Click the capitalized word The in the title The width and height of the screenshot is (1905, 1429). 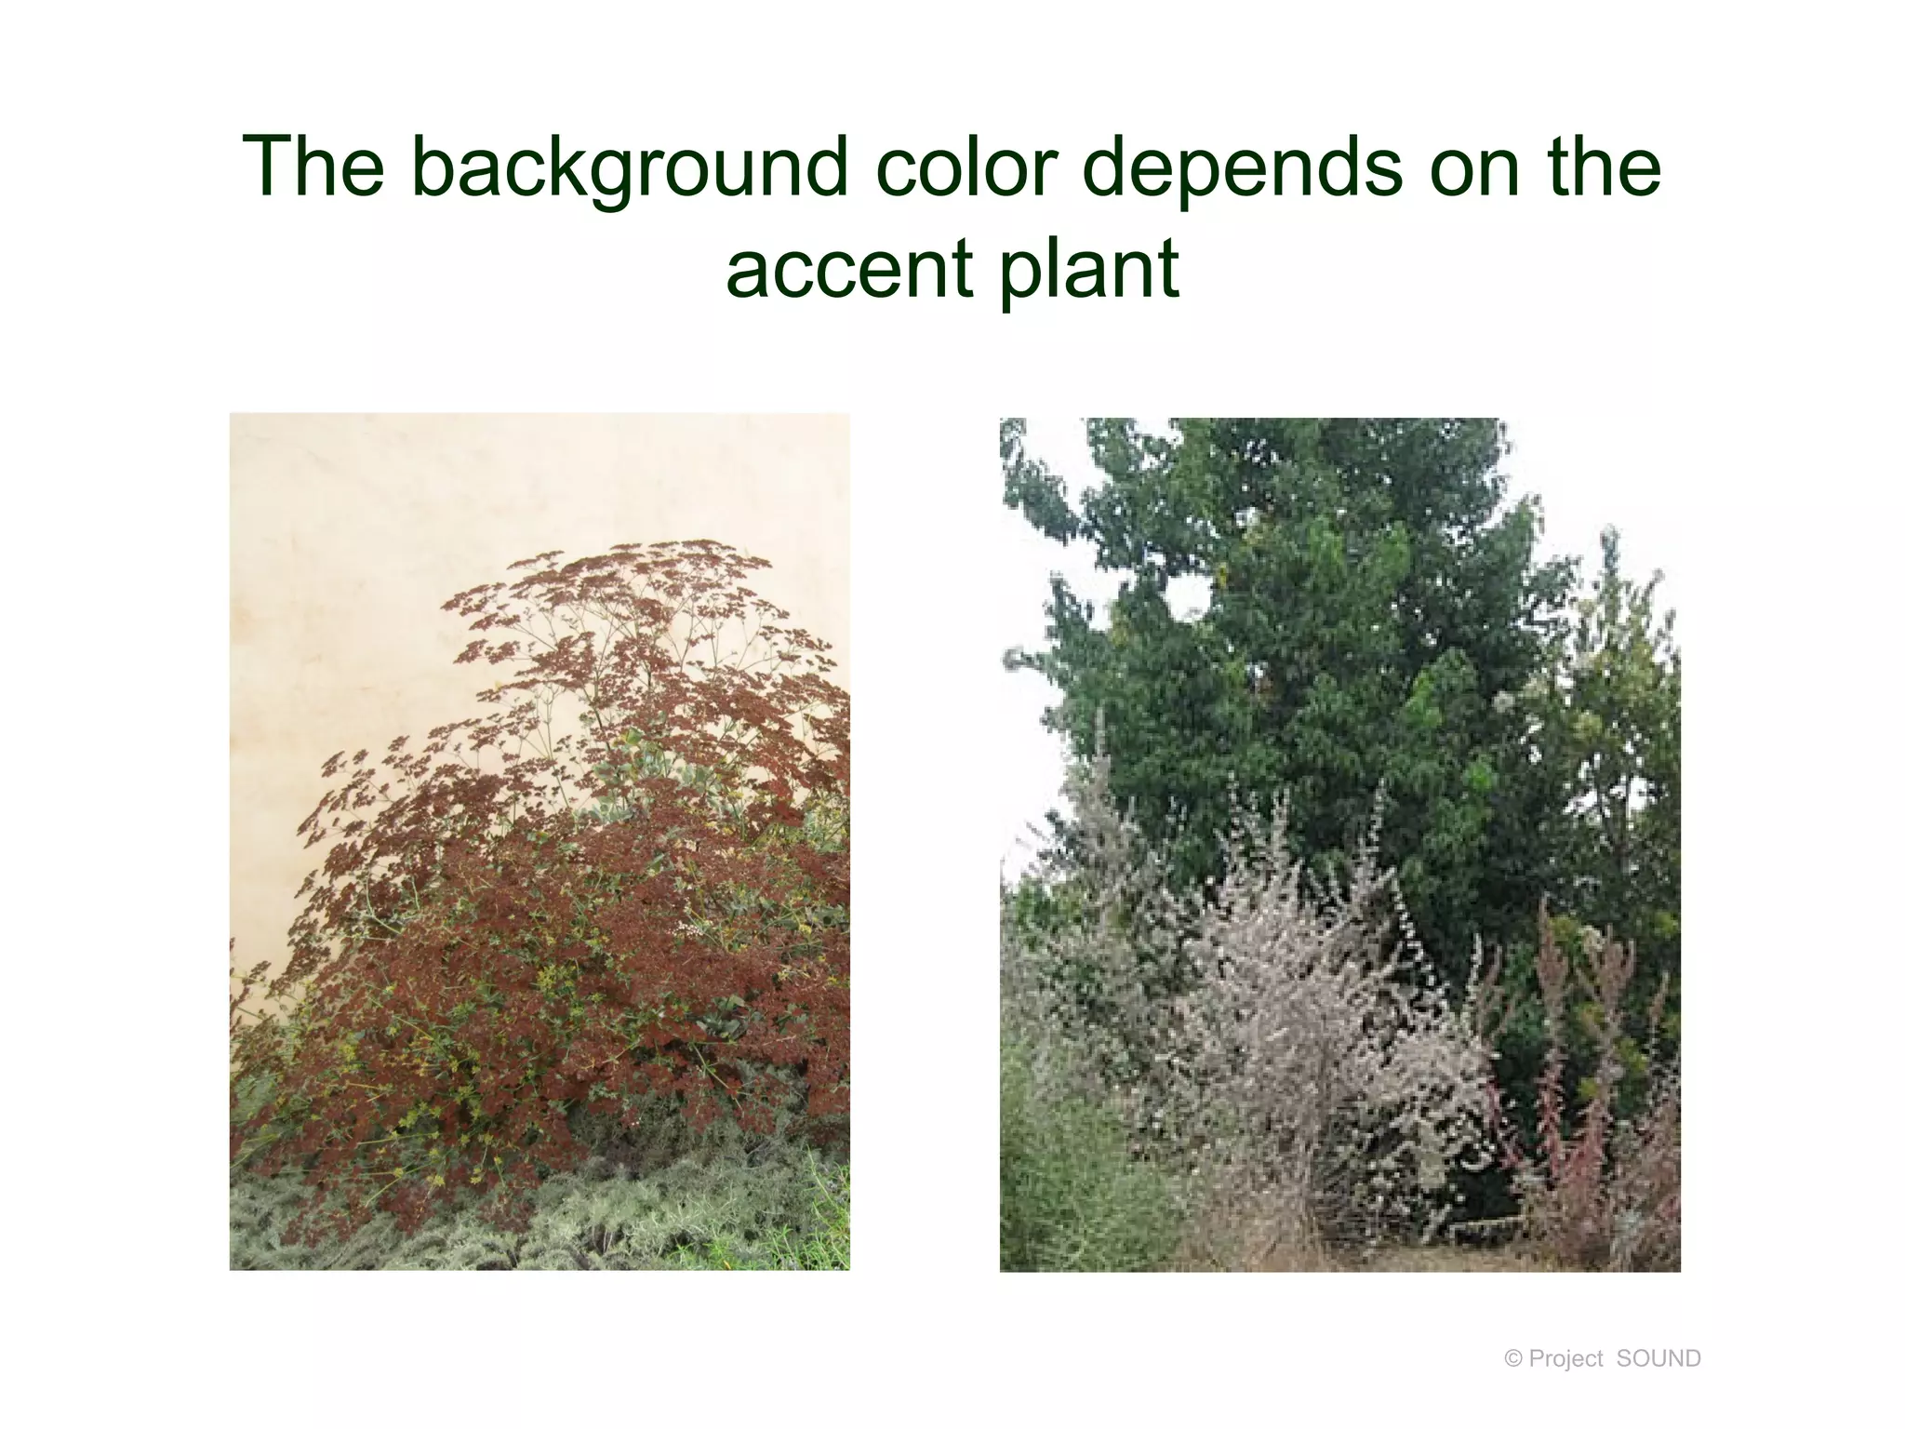pyautogui.click(x=313, y=167)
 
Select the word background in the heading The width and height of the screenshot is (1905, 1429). pyautogui.click(x=629, y=169)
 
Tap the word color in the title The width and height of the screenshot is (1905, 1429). pyautogui.click(x=966, y=167)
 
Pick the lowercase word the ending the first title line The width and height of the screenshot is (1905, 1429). pyautogui.click(x=1604, y=167)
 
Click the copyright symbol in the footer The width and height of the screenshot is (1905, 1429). pyautogui.click(x=1512, y=1359)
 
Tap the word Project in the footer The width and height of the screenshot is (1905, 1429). pyautogui.click(x=1565, y=1359)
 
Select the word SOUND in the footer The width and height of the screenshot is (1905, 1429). pyautogui.click(x=1659, y=1359)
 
